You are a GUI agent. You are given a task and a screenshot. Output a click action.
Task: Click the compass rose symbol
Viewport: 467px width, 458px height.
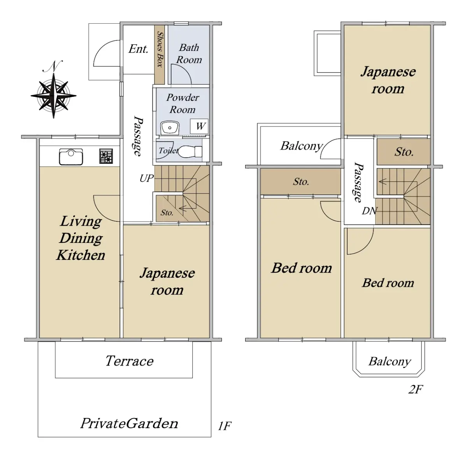click(x=54, y=95)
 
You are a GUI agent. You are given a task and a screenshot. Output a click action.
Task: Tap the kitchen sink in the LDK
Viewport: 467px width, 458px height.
click(x=71, y=156)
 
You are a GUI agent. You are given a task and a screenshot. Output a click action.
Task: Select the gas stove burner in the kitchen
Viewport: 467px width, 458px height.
click(x=106, y=156)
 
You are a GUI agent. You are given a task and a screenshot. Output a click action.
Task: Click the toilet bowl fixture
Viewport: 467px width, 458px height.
click(x=190, y=151)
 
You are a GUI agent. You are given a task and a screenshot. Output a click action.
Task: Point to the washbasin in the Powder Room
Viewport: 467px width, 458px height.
click(x=170, y=128)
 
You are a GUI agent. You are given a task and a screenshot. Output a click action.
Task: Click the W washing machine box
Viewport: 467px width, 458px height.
click(x=199, y=126)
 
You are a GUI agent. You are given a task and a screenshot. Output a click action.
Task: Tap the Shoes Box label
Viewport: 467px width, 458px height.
click(x=160, y=49)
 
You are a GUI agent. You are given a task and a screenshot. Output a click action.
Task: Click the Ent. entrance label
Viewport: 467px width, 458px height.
click(x=138, y=49)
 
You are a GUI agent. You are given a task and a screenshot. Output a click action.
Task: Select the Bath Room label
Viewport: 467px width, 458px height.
click(x=189, y=54)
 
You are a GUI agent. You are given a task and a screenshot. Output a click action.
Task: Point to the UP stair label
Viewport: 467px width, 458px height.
click(x=147, y=179)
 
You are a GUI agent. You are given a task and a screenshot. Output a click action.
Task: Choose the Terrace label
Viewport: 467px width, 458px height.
click(x=130, y=361)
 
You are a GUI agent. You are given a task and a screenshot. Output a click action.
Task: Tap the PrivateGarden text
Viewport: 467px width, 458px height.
click(x=129, y=424)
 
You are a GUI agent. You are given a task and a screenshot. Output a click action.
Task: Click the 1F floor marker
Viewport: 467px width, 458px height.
click(x=225, y=426)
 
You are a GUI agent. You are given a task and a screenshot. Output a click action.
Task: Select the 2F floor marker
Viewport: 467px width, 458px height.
click(x=416, y=390)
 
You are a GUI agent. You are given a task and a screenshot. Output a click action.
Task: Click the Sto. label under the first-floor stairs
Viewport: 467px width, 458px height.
click(x=167, y=213)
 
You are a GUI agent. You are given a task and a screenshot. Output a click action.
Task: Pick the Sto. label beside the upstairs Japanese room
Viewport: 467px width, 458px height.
click(x=404, y=152)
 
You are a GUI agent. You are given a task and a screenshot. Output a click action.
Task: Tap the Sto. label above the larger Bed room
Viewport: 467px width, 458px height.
click(x=301, y=181)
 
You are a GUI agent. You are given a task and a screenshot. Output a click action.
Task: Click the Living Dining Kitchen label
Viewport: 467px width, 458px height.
click(x=81, y=238)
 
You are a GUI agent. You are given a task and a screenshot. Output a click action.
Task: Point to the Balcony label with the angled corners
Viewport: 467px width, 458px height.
click(x=390, y=362)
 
